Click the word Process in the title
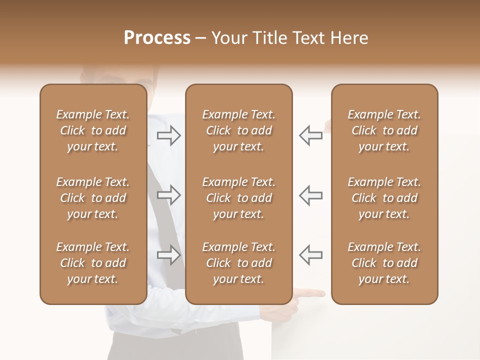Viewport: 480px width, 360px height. (x=157, y=38)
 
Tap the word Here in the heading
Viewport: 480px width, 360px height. (x=348, y=38)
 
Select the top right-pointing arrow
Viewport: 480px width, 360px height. (x=169, y=135)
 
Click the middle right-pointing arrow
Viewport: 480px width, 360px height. (x=169, y=195)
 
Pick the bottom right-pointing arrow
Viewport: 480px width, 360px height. (x=169, y=255)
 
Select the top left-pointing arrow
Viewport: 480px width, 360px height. (x=310, y=135)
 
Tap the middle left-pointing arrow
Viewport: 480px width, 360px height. (x=310, y=195)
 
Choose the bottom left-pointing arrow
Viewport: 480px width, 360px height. (x=310, y=255)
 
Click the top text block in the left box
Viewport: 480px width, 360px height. (x=93, y=130)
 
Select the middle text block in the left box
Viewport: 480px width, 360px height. (x=93, y=198)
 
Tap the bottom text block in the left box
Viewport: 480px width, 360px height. (x=93, y=263)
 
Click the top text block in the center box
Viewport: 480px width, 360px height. (x=238, y=130)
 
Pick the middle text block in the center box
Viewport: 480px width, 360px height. (x=238, y=198)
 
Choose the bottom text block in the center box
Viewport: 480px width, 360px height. (x=238, y=263)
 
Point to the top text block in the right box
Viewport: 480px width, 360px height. (x=384, y=130)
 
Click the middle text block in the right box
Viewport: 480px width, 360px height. (x=384, y=198)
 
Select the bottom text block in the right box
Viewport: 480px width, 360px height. (x=384, y=263)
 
